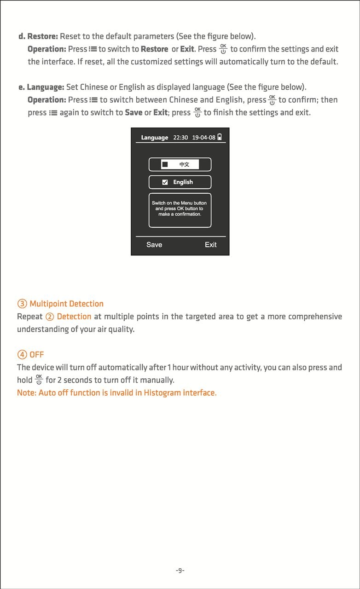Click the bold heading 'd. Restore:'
[x=38, y=36]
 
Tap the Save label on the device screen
[x=154, y=245]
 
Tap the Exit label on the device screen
[x=210, y=245]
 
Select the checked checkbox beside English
[x=165, y=182]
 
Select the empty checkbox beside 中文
[x=165, y=164]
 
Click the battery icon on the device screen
[x=220, y=137]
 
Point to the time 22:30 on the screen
[x=180, y=138]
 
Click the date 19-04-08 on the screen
[x=203, y=138]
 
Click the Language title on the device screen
[x=154, y=138]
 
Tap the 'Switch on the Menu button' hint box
[x=180, y=209]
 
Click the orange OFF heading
[x=37, y=355]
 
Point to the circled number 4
[x=22, y=355]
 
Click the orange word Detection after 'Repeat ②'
[x=74, y=317]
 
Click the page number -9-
[x=180, y=571]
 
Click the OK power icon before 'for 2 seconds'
[x=39, y=380]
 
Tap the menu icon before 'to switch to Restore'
[x=93, y=49]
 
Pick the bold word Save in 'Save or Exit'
[x=134, y=113]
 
